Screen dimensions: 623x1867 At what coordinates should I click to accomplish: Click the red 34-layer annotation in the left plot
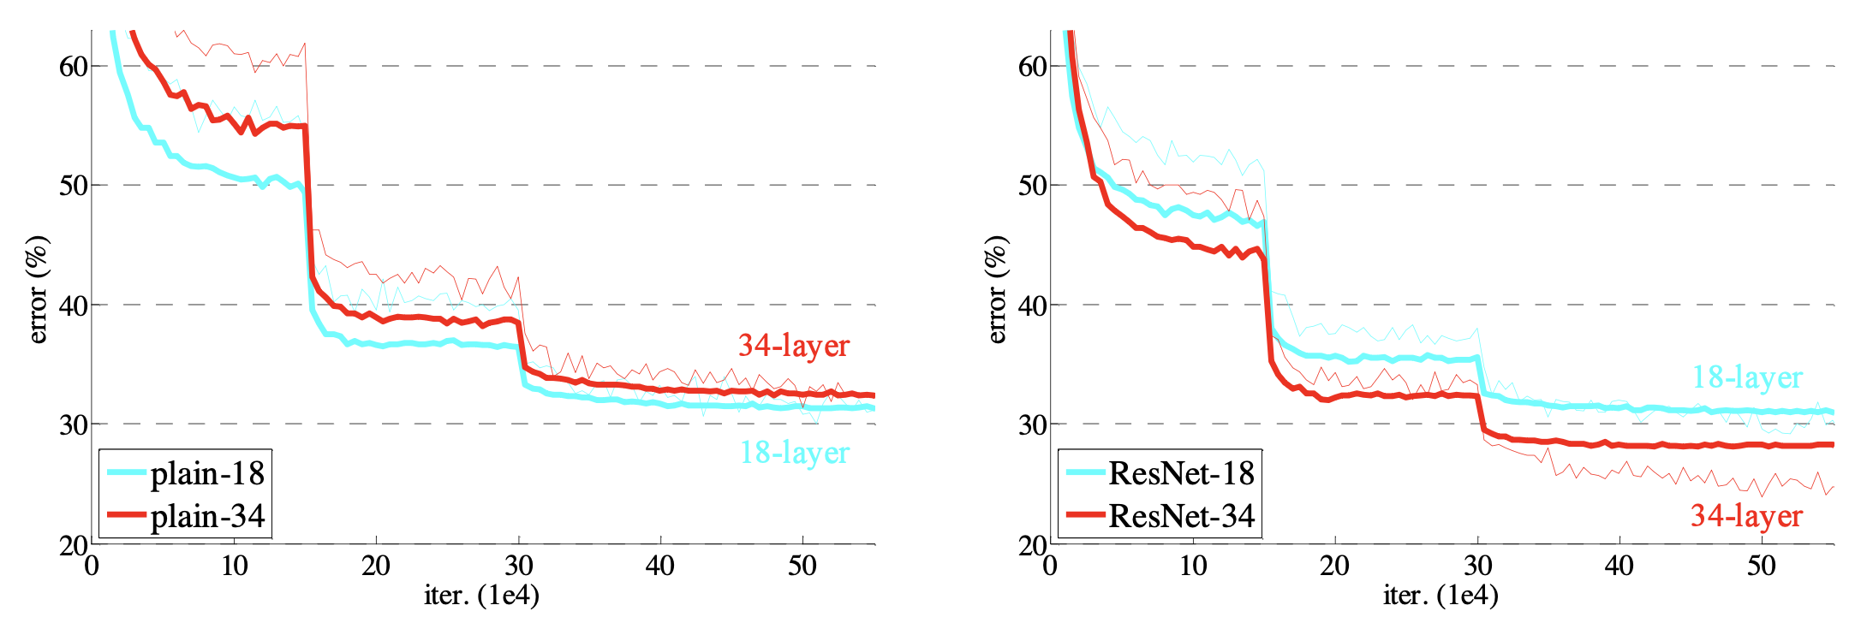(x=793, y=346)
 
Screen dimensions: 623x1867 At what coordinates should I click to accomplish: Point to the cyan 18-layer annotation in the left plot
(x=794, y=453)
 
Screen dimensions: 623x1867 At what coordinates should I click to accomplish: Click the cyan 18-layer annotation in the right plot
(x=1747, y=377)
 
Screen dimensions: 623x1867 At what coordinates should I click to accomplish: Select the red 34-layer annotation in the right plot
(x=1746, y=516)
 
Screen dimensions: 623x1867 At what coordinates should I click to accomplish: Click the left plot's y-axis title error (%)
(x=39, y=290)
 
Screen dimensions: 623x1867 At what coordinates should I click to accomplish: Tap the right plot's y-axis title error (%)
(x=997, y=290)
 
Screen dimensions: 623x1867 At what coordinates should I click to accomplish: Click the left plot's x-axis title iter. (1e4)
(x=481, y=595)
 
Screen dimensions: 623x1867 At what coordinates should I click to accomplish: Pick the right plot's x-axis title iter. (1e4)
(x=1441, y=595)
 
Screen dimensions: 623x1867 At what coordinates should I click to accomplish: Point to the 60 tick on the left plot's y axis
(x=74, y=67)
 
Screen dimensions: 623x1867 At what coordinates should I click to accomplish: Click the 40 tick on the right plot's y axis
(x=1033, y=306)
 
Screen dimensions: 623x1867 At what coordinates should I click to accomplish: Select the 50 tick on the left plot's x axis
(x=802, y=566)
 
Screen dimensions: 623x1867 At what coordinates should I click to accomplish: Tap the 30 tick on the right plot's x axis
(x=1477, y=566)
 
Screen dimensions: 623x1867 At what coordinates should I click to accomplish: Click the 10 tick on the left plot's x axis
(x=234, y=566)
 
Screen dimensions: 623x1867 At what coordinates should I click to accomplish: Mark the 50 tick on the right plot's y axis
(x=1033, y=186)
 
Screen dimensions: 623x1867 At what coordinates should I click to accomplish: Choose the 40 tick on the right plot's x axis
(x=1619, y=566)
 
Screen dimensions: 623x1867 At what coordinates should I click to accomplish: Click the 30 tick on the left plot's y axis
(x=74, y=424)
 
